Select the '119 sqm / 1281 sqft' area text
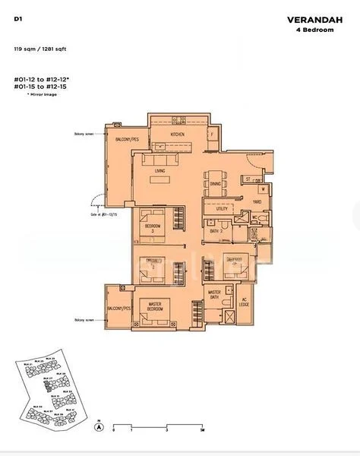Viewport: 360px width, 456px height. tap(38, 49)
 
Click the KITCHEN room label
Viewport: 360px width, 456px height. tap(177, 135)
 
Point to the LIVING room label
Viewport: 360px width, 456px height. tap(159, 171)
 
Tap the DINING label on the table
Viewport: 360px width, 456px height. tap(216, 184)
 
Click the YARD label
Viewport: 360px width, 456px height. tap(257, 201)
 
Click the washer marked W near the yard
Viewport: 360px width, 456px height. tap(263, 188)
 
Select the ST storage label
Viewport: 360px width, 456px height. tap(248, 179)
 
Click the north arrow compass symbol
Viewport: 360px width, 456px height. tap(98, 428)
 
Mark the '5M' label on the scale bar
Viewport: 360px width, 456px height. tap(203, 430)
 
